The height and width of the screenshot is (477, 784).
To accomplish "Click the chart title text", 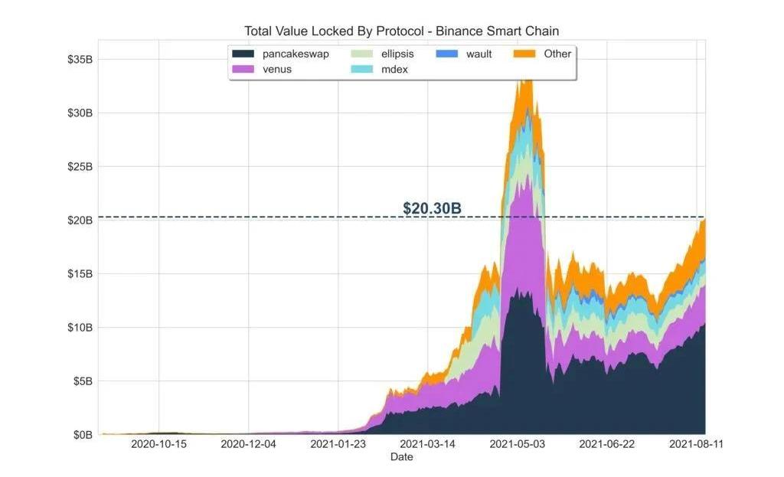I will point(401,31).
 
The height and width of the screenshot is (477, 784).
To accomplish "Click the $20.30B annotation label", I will point(432,208).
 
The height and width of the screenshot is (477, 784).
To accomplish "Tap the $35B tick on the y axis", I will point(80,60).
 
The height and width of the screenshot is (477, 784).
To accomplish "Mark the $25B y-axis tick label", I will point(80,167).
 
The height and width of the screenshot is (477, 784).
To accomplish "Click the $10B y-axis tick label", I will point(80,328).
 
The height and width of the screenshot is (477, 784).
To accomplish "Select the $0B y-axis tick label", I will point(83,435).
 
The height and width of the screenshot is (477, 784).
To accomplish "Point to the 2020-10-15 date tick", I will point(158,444).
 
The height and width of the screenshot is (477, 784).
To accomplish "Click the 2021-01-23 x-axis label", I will point(338,444).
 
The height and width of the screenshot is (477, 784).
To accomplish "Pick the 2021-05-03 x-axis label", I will point(517,444).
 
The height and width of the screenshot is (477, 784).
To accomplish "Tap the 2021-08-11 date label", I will point(696,444).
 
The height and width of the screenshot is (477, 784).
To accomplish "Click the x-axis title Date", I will point(401,457).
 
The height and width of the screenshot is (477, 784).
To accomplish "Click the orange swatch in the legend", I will point(524,54).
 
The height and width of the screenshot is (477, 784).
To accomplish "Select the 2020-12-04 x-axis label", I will point(248,444).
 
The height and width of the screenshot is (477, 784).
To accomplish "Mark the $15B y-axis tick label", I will point(80,274).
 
